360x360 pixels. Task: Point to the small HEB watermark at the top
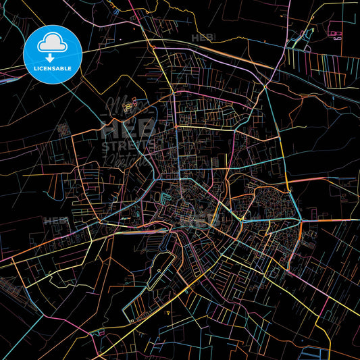(x=202, y=38)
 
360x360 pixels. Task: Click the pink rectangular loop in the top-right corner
(x=336, y=31)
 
